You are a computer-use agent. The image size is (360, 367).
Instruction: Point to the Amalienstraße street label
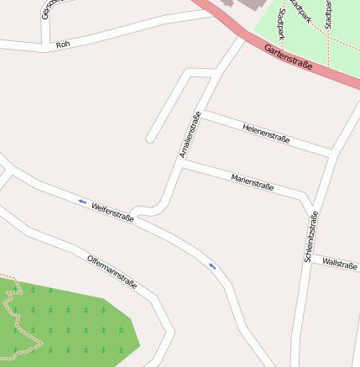[x=190, y=134]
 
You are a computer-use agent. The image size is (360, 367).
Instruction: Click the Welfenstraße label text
[x=113, y=211]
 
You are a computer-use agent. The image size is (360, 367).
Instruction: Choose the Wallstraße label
[x=340, y=265]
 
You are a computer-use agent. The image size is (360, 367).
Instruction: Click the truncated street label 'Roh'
[x=62, y=44]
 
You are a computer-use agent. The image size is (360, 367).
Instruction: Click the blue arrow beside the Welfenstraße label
[x=81, y=202]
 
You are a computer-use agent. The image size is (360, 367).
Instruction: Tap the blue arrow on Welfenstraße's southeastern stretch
[x=212, y=265]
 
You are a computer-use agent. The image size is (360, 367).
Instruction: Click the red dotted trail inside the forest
[x=13, y=312]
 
